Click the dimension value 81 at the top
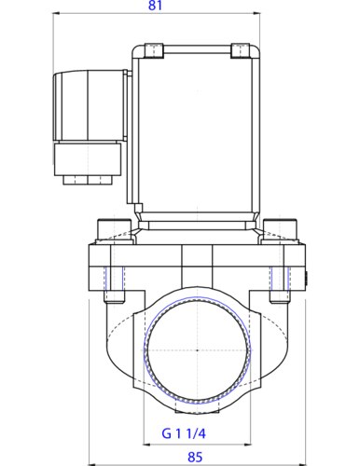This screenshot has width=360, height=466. pyautogui.click(x=155, y=7)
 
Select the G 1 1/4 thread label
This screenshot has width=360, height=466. pyautogui.click(x=193, y=433)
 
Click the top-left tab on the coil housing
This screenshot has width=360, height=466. pyautogui.click(x=153, y=48)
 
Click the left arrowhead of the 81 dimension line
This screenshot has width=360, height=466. pyautogui.click(x=53, y=17)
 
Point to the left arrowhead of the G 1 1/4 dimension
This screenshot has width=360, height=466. pyautogui.click(x=145, y=444)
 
